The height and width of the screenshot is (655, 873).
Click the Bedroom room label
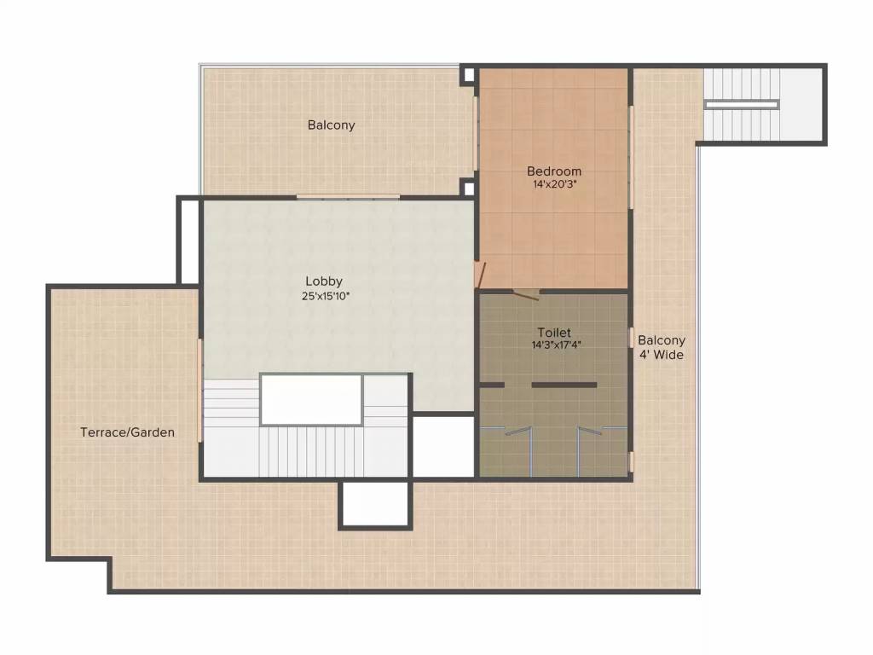(x=554, y=171)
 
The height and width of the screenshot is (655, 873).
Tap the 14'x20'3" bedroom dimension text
(x=554, y=184)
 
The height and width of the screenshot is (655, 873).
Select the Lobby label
(x=324, y=281)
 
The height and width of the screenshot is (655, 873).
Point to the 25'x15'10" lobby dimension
(x=326, y=296)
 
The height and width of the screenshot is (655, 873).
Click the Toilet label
(x=554, y=333)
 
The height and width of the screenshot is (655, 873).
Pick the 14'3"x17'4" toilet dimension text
(x=556, y=345)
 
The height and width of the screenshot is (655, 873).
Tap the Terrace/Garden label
(x=128, y=432)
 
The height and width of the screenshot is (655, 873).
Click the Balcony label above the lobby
(x=332, y=125)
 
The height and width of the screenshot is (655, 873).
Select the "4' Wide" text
(x=661, y=355)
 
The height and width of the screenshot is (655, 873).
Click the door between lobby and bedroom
(x=479, y=275)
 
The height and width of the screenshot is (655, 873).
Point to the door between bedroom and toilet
(x=526, y=294)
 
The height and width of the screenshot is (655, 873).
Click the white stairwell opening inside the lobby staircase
(x=312, y=400)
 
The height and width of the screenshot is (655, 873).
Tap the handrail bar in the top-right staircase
(x=741, y=104)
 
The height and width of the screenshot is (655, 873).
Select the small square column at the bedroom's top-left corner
(x=469, y=75)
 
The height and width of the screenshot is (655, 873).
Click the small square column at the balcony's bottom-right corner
(x=469, y=188)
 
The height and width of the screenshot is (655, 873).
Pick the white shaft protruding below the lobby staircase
(x=375, y=503)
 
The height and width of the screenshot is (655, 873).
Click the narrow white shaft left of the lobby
(x=188, y=241)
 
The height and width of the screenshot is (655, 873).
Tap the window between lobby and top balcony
(x=348, y=196)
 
